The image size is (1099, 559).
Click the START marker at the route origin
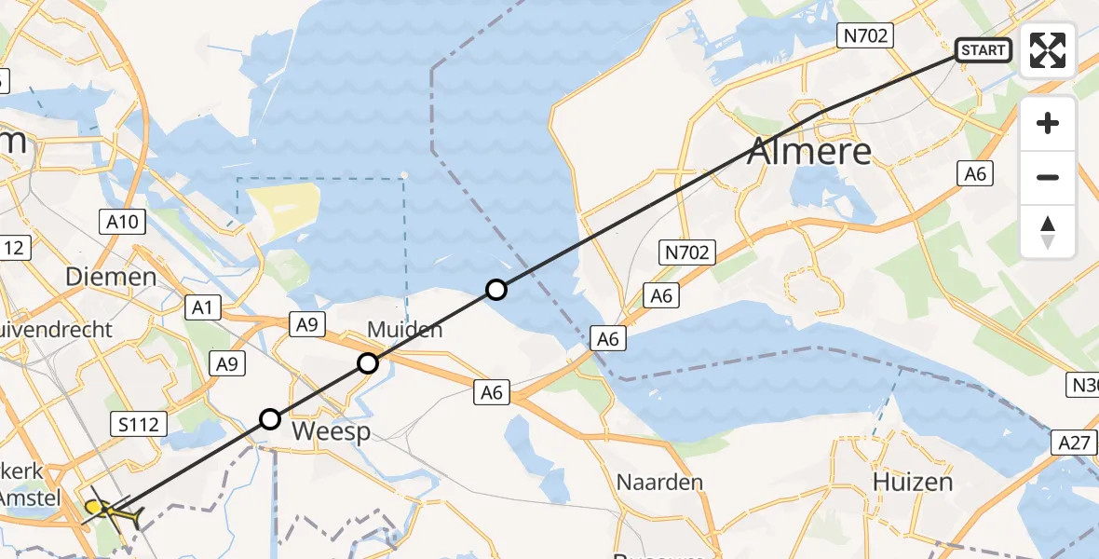pyautogui.click(x=983, y=50)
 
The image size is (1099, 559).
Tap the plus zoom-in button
pyautogui.click(x=1048, y=123)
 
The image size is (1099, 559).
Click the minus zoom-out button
pyautogui.click(x=1048, y=177)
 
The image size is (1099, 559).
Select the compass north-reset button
pyautogui.click(x=1048, y=231)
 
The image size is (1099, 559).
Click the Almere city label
pyautogui.click(x=809, y=150)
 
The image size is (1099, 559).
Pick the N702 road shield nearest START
pyautogui.click(x=865, y=36)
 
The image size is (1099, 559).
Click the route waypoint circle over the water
pyautogui.click(x=496, y=290)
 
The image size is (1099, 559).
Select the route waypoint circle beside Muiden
pyautogui.click(x=368, y=363)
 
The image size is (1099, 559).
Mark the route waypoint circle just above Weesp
pyautogui.click(x=269, y=419)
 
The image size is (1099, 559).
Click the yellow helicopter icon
pyautogui.click(x=112, y=510)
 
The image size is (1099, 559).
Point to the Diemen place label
pyautogui.click(x=111, y=277)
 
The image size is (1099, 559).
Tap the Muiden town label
pyautogui.click(x=404, y=330)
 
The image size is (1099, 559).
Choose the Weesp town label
pyautogui.click(x=331, y=431)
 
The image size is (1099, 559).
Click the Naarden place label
pyautogui.click(x=659, y=483)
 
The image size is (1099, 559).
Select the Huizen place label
pyautogui.click(x=913, y=482)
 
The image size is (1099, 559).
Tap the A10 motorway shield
pyautogui.click(x=122, y=222)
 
